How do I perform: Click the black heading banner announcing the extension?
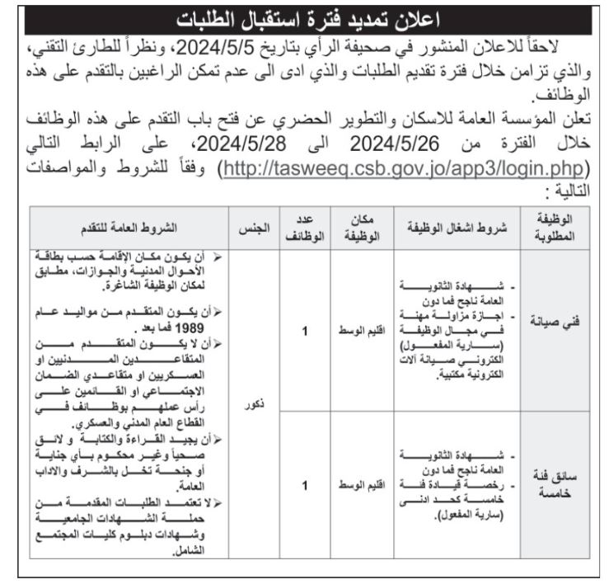(304, 15)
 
